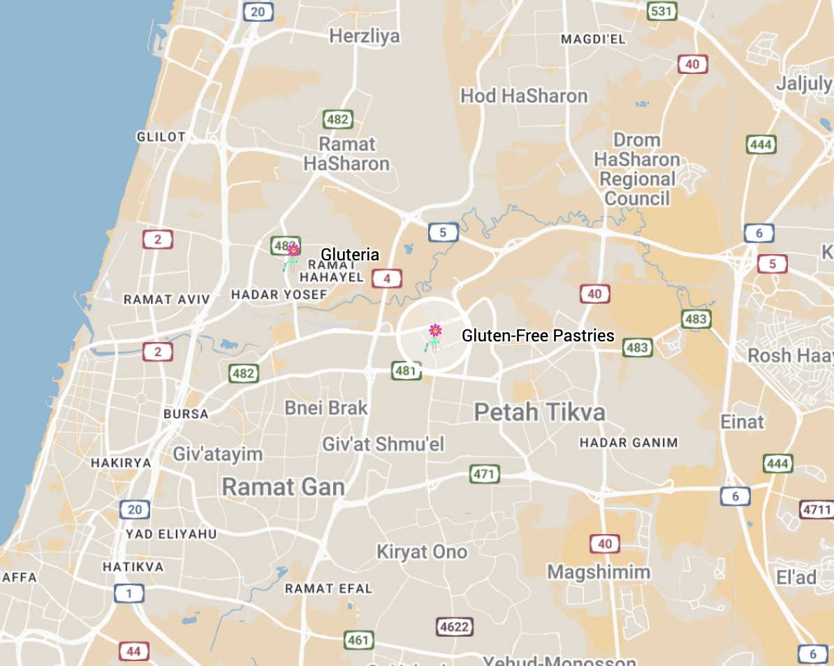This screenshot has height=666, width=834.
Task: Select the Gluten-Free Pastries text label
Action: click(x=538, y=336)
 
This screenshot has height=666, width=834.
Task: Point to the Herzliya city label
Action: click(x=365, y=36)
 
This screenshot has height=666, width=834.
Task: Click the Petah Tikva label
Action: click(x=539, y=412)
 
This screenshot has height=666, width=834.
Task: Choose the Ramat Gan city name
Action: click(x=283, y=487)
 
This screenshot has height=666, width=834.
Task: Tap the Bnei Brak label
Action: click(x=325, y=408)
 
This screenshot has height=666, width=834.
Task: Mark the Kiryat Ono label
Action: click(x=422, y=552)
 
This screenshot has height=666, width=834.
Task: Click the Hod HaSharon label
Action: click(x=524, y=96)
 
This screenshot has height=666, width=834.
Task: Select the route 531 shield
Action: click(x=660, y=11)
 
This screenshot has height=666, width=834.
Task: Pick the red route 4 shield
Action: click(x=386, y=279)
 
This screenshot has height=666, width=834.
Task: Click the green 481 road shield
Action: click(x=406, y=370)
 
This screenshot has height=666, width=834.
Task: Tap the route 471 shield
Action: click(x=484, y=475)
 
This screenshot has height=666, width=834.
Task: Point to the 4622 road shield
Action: click(x=453, y=627)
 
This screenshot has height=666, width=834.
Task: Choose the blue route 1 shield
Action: click(x=129, y=594)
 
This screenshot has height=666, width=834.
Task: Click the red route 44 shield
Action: click(x=133, y=652)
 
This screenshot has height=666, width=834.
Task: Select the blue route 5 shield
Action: click(x=443, y=232)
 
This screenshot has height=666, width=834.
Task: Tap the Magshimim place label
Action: click(x=599, y=572)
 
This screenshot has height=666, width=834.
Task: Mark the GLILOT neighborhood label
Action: click(x=161, y=137)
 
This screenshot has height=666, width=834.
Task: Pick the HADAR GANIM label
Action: click(x=629, y=443)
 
